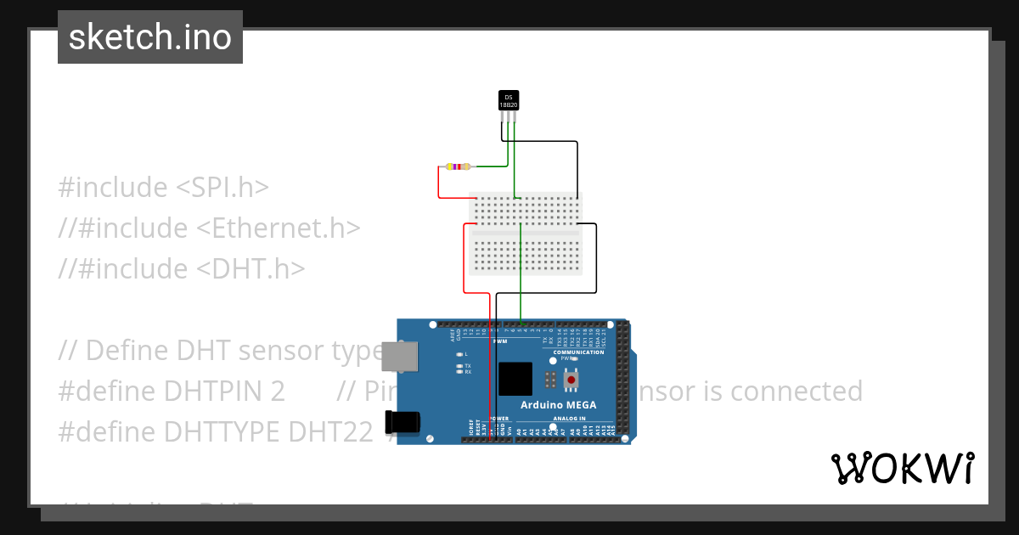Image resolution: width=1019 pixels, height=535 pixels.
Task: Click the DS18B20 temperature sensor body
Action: (508, 100)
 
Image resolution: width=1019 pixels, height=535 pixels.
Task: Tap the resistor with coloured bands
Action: (458, 167)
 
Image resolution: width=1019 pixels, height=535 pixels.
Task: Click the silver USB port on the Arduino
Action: (400, 356)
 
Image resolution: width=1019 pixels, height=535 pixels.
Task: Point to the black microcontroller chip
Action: (515, 379)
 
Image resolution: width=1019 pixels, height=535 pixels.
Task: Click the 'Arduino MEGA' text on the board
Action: (558, 404)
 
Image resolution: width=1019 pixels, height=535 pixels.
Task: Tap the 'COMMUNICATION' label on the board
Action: (578, 352)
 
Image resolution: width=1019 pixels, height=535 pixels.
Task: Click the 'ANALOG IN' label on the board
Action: (570, 419)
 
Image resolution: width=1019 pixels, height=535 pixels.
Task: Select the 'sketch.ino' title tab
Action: (150, 37)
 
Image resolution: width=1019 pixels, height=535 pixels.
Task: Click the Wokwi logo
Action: (903, 468)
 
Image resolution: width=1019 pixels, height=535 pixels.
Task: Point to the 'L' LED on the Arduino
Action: (459, 354)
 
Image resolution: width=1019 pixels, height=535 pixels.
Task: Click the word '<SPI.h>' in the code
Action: (222, 188)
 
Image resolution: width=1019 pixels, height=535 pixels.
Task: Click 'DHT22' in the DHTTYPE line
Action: (330, 432)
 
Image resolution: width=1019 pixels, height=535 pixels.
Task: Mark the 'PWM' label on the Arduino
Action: (500, 341)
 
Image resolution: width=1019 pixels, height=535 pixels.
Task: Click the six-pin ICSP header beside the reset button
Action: (550, 379)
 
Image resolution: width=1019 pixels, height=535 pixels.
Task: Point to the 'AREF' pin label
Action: (453, 335)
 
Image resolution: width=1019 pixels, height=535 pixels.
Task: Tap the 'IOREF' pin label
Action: (470, 426)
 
